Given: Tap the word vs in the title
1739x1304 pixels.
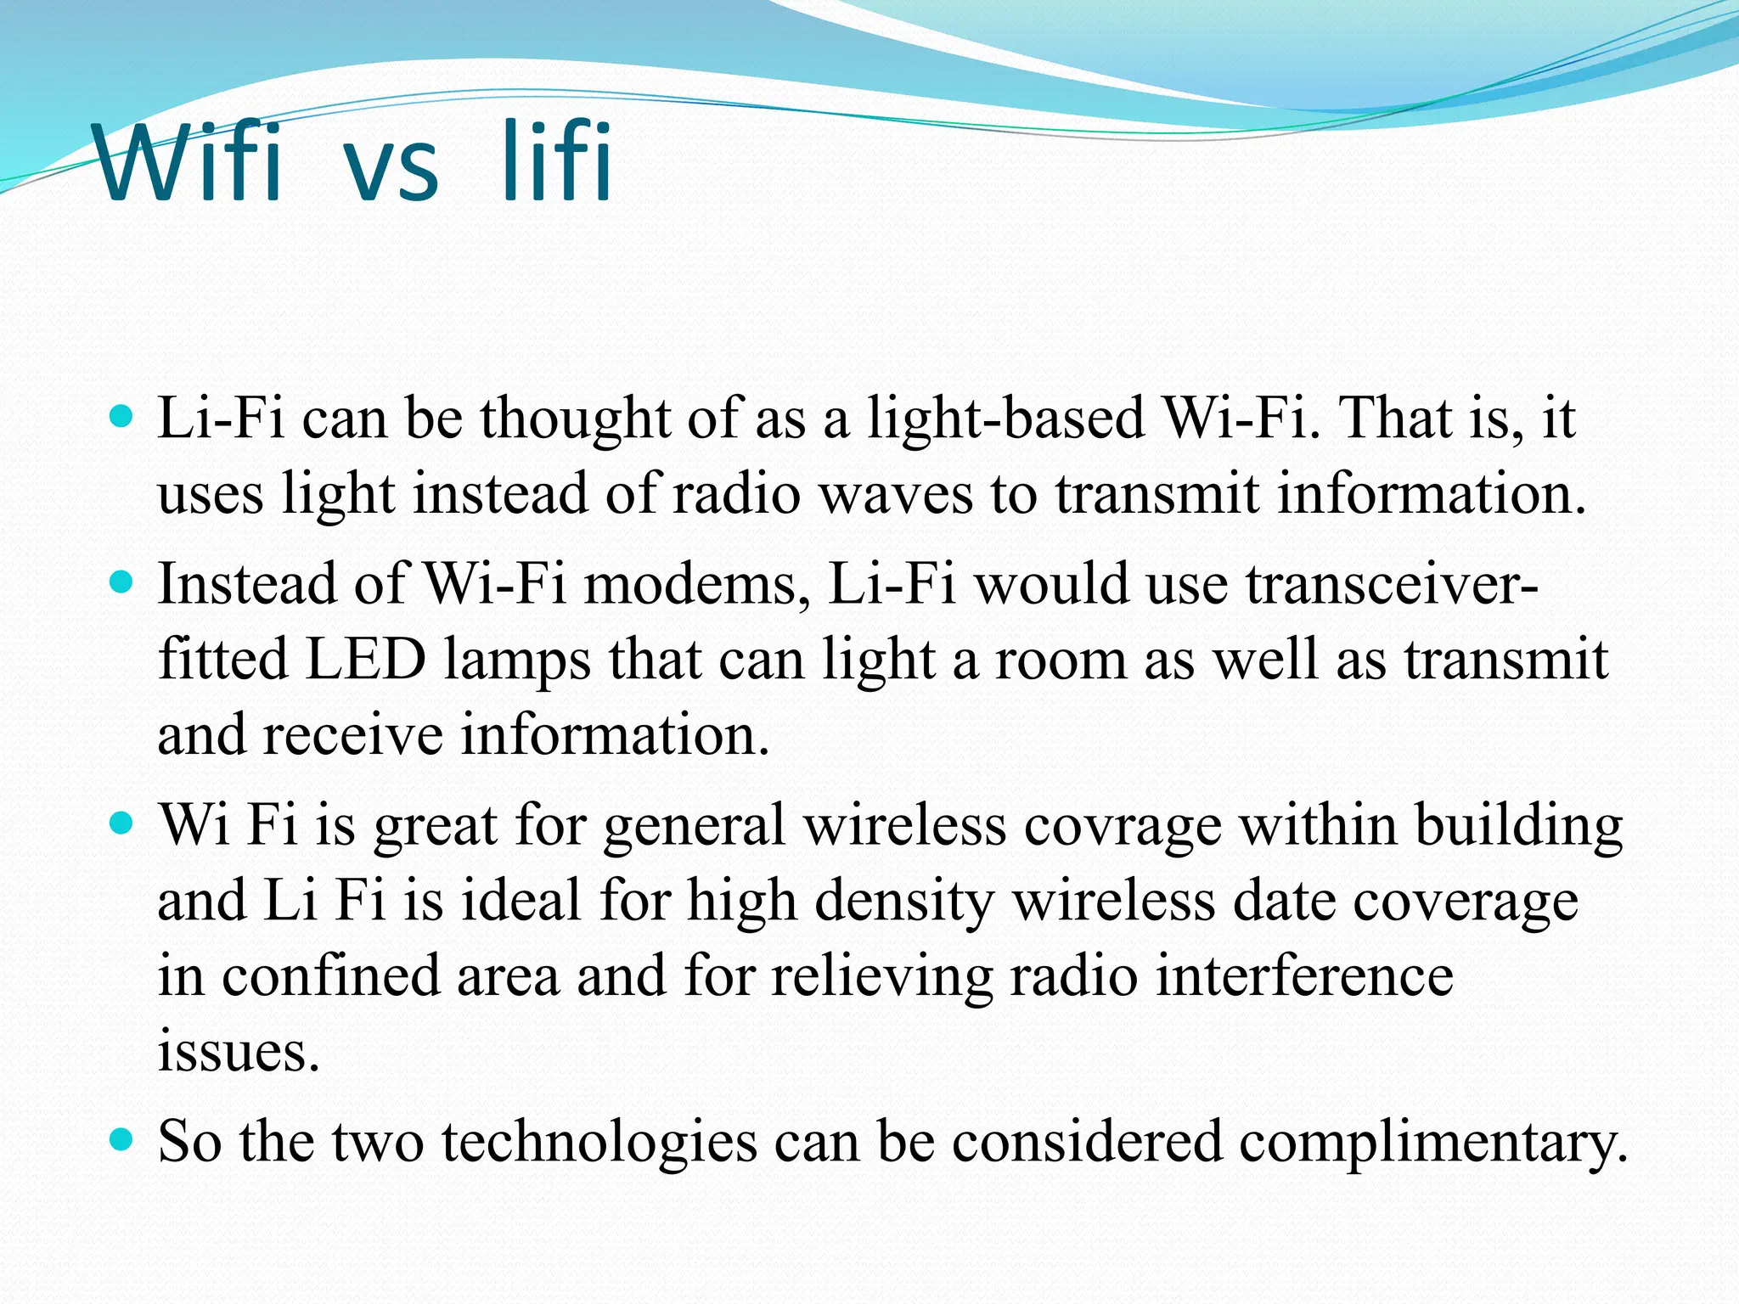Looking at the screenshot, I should tap(391, 170).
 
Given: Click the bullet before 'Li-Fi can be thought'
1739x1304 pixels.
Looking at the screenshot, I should tap(122, 416).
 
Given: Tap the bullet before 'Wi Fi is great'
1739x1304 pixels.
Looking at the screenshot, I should tap(122, 823).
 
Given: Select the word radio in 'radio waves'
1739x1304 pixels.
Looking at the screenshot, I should tap(735, 494).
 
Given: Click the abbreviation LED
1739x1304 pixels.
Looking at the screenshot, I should tap(365, 660).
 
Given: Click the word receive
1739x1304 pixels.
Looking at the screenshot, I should tap(352, 735).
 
